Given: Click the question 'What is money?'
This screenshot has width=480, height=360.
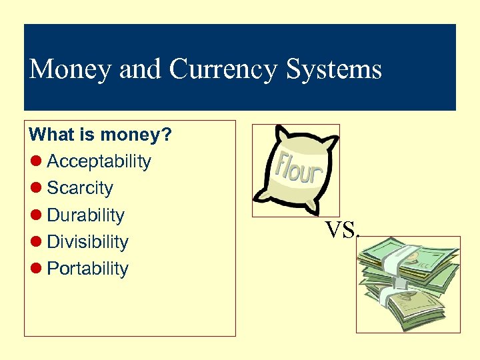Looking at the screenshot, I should [101, 135].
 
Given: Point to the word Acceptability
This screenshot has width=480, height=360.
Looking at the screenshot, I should [99, 162].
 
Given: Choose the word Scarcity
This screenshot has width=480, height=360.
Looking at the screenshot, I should [80, 188].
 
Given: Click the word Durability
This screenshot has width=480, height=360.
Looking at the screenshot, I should [85, 215].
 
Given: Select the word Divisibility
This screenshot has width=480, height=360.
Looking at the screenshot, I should [87, 242].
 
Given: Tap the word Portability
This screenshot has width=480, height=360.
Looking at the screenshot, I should [87, 269].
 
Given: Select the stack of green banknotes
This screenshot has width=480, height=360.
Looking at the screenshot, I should [407, 283].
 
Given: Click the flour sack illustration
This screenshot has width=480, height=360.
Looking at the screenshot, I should [296, 169].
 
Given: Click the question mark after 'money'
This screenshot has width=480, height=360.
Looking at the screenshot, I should [167, 135].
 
